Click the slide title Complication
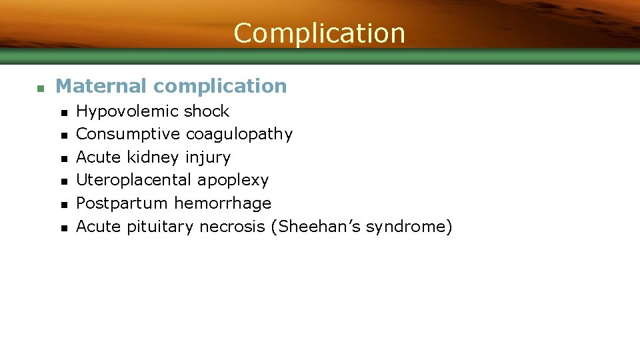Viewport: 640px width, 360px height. pos(319,33)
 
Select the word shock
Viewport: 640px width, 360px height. pos(207,111)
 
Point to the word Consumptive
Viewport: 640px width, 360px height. pos(128,134)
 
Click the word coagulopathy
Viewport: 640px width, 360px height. pos(239,135)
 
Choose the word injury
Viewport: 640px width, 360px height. pos(208,158)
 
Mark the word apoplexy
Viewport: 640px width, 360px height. pos(233,181)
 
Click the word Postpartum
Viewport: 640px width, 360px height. pos(123,203)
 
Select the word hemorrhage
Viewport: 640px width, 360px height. pos(223,203)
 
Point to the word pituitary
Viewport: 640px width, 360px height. pos(161,227)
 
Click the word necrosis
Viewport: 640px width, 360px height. pos(233,227)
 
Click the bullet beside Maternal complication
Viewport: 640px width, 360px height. pos(40,88)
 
